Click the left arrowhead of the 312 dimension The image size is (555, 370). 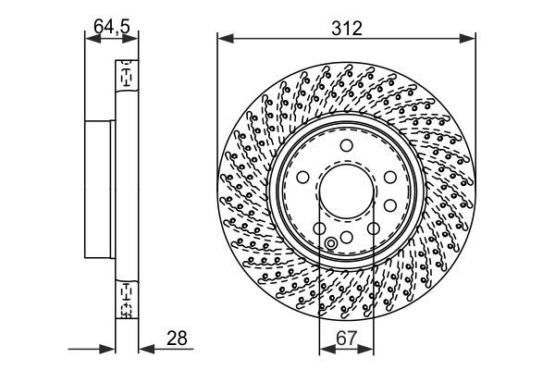pos(223,38)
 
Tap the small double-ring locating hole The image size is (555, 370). pos(331,244)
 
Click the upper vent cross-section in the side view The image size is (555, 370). pos(123,78)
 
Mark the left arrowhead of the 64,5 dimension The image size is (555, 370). pos(90,38)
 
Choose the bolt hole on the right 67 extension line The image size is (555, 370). pos(373,228)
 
